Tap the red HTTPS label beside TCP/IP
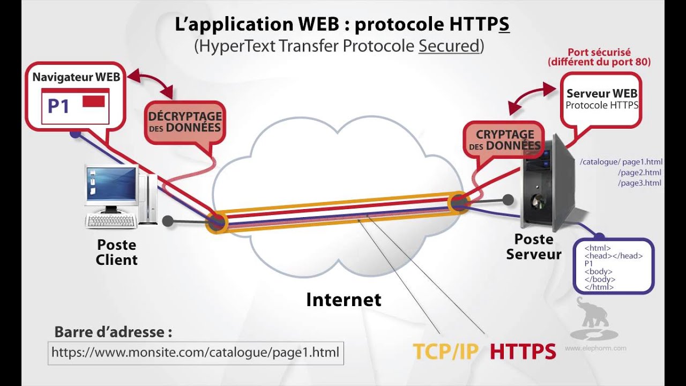coord(523,351)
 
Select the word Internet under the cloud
coord(344,299)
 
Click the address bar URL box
coord(196,353)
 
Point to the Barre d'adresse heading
coord(113,331)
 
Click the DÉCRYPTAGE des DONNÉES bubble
coord(185,122)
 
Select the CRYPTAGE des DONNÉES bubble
coord(504,139)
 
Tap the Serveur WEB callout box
coord(602,99)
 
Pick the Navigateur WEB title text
coord(76,77)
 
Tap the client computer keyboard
coord(111,220)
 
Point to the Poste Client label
coord(116,253)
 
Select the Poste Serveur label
coord(533,247)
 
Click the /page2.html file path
coord(639,173)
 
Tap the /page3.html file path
coord(639,183)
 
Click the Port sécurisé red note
coord(599,57)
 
